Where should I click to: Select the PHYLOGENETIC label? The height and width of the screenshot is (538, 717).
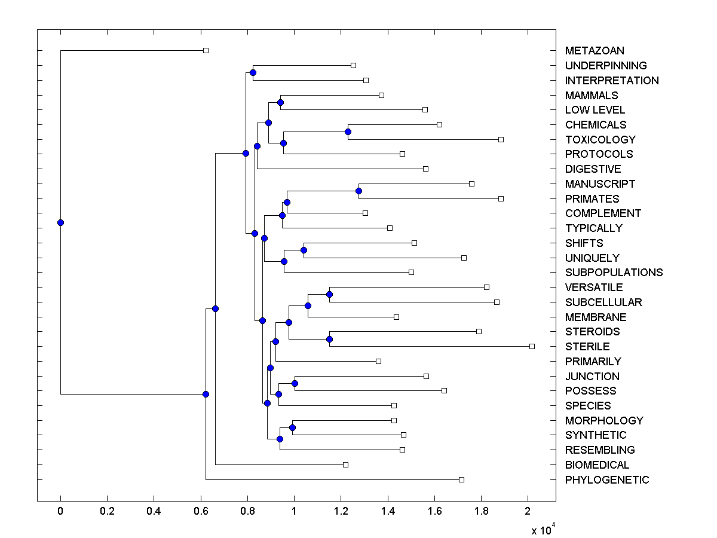pyautogui.click(x=606, y=479)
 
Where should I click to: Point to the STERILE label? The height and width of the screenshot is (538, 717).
pyautogui.click(x=587, y=346)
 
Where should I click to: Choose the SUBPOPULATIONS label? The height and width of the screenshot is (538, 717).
pyautogui.click(x=614, y=272)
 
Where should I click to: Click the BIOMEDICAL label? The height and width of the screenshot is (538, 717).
pyautogui.click(x=597, y=464)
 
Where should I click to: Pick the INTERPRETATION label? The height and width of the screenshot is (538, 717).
pyautogui.click(x=612, y=80)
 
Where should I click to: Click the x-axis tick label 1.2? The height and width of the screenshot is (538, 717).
pyautogui.click(x=341, y=512)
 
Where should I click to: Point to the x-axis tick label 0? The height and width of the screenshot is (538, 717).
pyautogui.click(x=60, y=512)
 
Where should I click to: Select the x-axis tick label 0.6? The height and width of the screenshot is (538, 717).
pyautogui.click(x=200, y=512)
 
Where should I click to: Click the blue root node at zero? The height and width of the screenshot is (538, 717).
pyautogui.click(x=60, y=222)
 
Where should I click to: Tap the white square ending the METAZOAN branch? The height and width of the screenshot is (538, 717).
pyautogui.click(x=206, y=51)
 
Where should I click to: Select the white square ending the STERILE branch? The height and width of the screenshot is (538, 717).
pyautogui.click(x=532, y=346)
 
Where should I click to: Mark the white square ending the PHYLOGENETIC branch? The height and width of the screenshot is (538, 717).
pyautogui.click(x=461, y=479)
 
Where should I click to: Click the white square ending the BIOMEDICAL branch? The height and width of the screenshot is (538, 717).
pyautogui.click(x=345, y=464)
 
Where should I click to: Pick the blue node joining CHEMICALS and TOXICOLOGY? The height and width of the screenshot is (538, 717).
pyautogui.click(x=348, y=132)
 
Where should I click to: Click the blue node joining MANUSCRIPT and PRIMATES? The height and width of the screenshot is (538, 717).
pyautogui.click(x=358, y=191)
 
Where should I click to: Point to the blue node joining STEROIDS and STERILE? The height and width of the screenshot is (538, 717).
pyautogui.click(x=329, y=339)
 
